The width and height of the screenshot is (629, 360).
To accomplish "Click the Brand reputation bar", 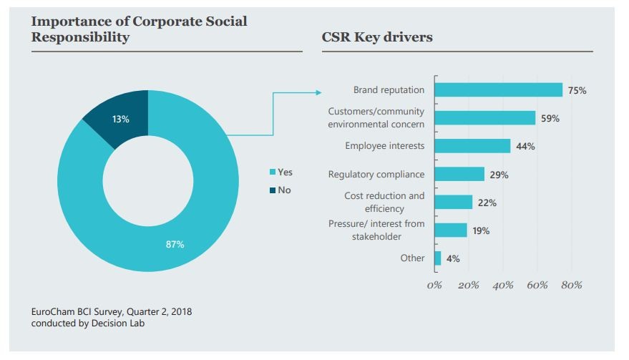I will (x=499, y=90).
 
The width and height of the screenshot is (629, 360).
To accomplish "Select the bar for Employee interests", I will (x=472, y=146).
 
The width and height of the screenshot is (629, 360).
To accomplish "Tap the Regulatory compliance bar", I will (x=459, y=175).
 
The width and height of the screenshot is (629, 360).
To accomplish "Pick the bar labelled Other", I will (x=438, y=258).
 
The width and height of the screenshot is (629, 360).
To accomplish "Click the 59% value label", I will (x=550, y=119).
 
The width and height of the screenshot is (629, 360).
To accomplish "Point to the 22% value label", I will (x=487, y=203).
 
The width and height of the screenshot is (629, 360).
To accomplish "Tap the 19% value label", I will (x=481, y=231).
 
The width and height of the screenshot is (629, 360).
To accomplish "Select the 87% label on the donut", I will (x=175, y=245).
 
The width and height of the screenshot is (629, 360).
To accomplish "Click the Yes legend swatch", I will (x=272, y=172).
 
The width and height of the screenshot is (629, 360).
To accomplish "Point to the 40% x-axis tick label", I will (x=503, y=286).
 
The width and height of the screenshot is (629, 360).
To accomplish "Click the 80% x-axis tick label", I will (x=572, y=286).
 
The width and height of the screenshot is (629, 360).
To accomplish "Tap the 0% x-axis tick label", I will (x=434, y=286).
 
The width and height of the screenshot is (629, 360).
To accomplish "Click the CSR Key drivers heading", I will (x=378, y=37).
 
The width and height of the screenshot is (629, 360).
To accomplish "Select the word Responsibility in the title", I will (x=80, y=37).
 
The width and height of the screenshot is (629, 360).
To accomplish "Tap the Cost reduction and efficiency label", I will (x=384, y=202).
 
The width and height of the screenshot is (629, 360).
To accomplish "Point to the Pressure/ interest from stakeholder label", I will (x=376, y=230).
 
